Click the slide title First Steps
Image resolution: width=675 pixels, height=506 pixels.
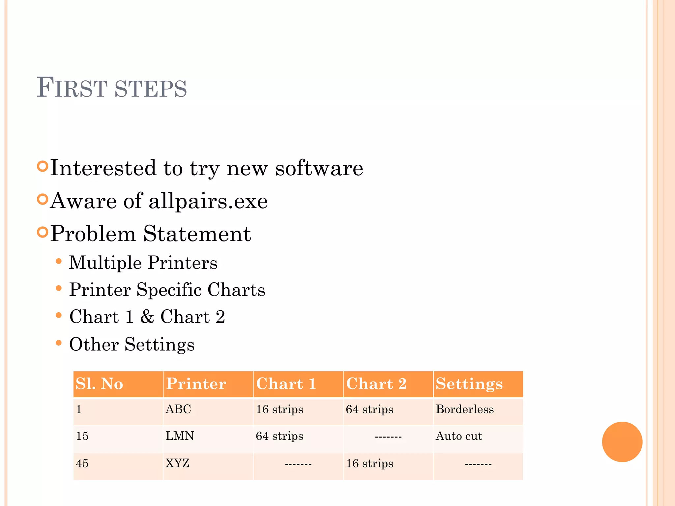[111, 88]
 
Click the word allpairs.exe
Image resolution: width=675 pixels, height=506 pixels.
[208, 201]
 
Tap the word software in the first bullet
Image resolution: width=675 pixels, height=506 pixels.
[319, 168]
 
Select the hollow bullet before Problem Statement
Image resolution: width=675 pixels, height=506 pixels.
[43, 232]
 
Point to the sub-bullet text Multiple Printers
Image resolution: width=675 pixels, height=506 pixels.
[143, 263]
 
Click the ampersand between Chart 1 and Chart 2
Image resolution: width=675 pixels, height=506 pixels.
[147, 317]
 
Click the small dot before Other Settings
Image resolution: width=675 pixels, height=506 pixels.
[59, 343]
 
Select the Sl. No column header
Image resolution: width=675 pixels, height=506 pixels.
[99, 384]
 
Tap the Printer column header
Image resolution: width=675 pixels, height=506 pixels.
[196, 384]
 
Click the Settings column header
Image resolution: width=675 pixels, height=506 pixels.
[469, 384]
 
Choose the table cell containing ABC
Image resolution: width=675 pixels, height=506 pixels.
[178, 409]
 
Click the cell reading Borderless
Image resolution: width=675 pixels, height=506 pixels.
[465, 409]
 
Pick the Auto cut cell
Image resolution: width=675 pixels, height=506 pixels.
[459, 436]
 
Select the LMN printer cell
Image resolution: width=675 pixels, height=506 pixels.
[180, 436]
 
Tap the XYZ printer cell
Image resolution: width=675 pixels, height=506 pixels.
[177, 464]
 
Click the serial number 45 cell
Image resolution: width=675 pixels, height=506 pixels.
[82, 464]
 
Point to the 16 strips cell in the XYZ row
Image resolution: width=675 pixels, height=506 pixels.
[369, 464]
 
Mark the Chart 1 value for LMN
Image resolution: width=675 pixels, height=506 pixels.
[279, 436]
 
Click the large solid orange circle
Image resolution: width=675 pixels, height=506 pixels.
[622, 442]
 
